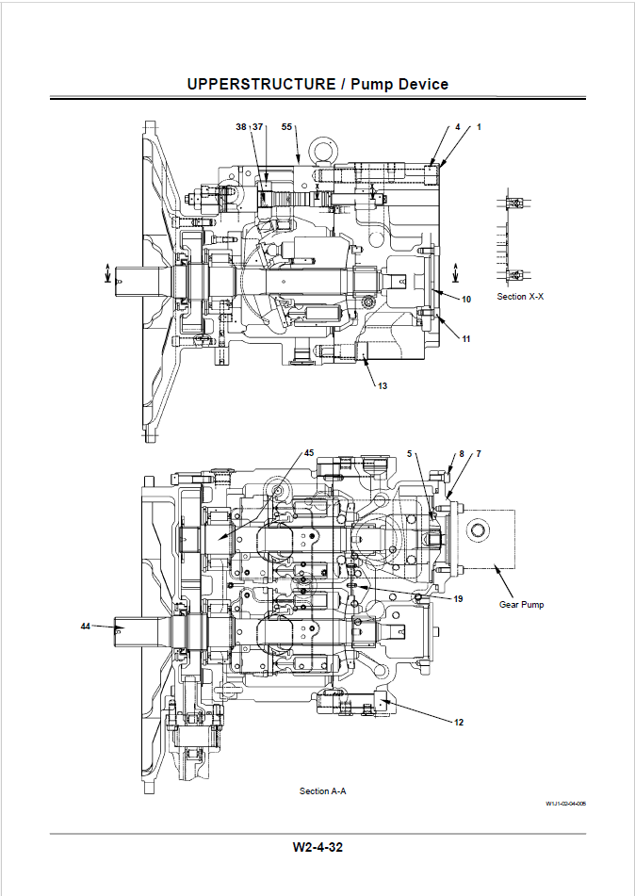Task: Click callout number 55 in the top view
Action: (286, 127)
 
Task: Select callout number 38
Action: (241, 127)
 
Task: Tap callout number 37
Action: (258, 127)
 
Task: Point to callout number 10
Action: (466, 300)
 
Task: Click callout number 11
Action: (465, 339)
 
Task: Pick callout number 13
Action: (383, 386)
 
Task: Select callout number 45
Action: (309, 453)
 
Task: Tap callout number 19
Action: (458, 599)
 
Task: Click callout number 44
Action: (85, 627)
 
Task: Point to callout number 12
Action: (459, 723)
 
